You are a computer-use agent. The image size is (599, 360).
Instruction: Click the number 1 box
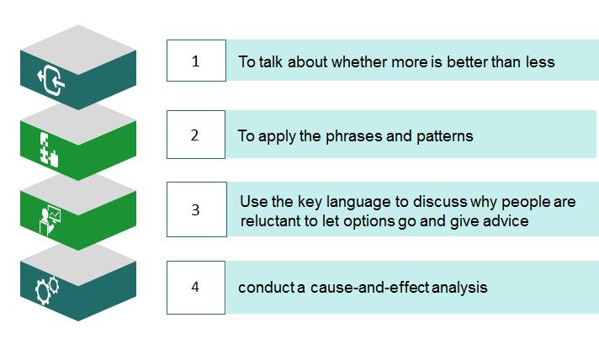coord(196,61)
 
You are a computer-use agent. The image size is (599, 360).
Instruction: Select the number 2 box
coord(196,135)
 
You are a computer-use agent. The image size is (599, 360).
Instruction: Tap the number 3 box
coord(197,209)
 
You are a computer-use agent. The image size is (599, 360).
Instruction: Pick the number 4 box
coord(196,288)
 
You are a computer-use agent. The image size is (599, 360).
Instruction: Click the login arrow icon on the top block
coord(51,80)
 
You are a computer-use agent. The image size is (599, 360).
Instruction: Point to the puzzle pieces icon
coord(49,150)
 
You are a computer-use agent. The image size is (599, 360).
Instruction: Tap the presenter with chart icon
coord(50,220)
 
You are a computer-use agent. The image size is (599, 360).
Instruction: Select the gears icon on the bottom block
coord(47,290)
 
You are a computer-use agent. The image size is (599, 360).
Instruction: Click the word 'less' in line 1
coord(540,62)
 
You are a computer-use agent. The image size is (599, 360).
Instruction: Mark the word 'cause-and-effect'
coord(370,288)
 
